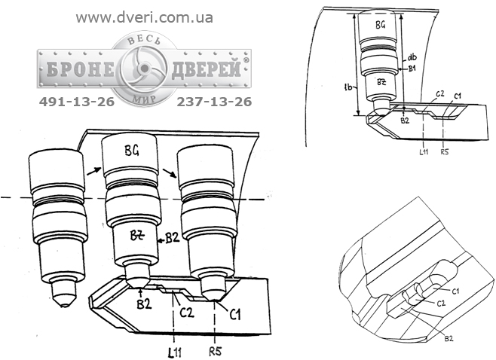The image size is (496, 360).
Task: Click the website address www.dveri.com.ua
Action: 144,18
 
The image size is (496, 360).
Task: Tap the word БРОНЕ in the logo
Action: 81,69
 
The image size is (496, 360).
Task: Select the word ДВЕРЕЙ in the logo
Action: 207,69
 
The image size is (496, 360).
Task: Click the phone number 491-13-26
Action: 77,102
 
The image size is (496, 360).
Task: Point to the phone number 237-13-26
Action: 214,102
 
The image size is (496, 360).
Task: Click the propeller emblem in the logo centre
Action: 144,68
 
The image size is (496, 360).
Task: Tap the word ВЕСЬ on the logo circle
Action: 144,40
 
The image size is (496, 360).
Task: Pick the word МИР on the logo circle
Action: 144,98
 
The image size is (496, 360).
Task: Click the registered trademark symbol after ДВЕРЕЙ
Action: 246,59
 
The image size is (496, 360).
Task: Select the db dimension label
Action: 412,57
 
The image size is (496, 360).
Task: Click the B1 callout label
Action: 412,69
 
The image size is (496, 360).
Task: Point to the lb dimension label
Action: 348,87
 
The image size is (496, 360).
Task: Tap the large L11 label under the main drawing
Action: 174,352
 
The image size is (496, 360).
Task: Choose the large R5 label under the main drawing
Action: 216,351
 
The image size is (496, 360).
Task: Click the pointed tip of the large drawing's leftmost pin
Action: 65,306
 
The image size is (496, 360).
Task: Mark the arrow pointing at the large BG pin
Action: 94,172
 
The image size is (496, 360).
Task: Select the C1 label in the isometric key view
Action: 455,291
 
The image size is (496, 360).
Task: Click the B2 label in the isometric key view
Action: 449,338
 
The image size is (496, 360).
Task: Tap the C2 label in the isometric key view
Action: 441,304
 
